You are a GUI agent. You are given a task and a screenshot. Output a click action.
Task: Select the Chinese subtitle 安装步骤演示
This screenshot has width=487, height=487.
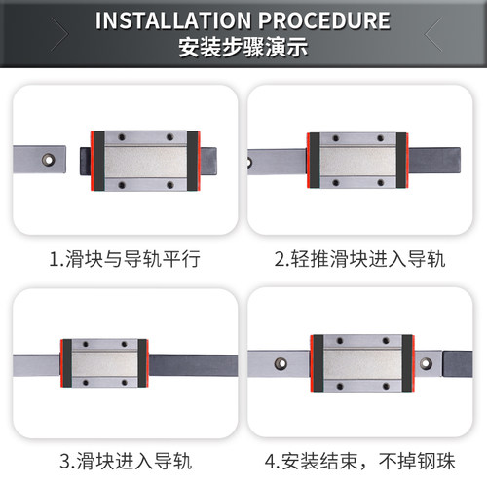[x=243, y=47]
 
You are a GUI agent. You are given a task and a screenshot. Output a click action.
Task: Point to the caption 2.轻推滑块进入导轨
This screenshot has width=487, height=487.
[x=358, y=259]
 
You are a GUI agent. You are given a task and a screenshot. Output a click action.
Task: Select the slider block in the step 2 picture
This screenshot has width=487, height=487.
[x=356, y=158]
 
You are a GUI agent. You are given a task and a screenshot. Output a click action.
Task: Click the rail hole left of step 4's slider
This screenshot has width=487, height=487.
[x=281, y=364]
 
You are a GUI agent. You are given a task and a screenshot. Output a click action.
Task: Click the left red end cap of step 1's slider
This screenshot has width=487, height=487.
[x=95, y=159]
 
